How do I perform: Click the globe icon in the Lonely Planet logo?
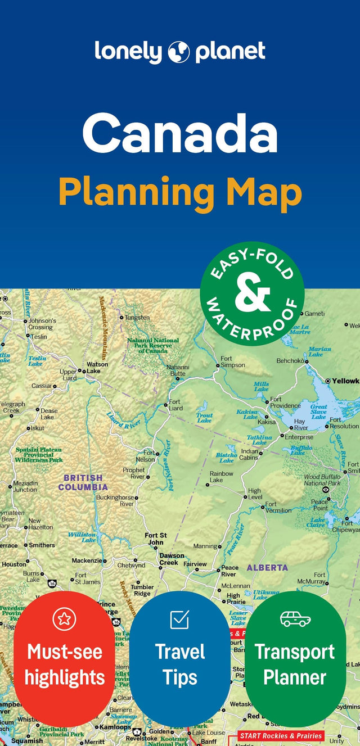point(179,52)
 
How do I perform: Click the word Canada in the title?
point(180,134)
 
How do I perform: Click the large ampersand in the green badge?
point(252,293)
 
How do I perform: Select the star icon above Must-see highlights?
point(64,619)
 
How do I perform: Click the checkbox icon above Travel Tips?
point(179,619)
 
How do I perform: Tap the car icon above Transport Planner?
point(295,619)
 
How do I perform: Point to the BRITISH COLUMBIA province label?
point(83,482)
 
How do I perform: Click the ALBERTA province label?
point(267,568)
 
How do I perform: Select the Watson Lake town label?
point(97,368)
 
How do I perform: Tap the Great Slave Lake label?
point(318,412)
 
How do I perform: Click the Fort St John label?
point(156,539)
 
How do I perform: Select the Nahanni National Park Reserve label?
point(152,345)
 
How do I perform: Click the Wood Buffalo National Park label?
point(322,480)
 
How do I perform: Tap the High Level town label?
point(255,494)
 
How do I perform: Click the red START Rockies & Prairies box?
point(280,735)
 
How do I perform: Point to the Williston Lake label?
point(82,537)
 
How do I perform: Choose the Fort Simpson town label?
point(232,361)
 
